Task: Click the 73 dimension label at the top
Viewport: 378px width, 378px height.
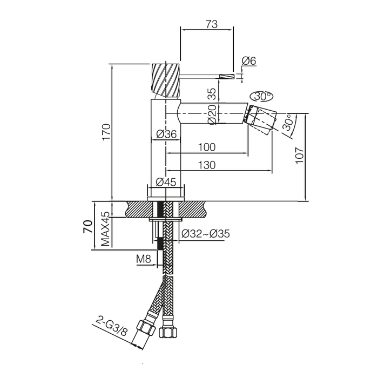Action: pyautogui.click(x=212, y=24)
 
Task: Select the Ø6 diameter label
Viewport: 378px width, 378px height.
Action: pyautogui.click(x=248, y=60)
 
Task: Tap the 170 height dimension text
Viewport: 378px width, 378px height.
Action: pyautogui.click(x=106, y=132)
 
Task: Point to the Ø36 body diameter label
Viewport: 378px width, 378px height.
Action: pyautogui.click(x=166, y=134)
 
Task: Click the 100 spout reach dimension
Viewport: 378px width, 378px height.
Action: pyautogui.click(x=207, y=147)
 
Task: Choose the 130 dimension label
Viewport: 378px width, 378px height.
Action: pyautogui.click(x=207, y=165)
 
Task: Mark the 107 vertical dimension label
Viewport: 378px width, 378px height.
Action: pyautogui.click(x=299, y=156)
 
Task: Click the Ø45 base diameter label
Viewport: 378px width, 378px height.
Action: pyautogui.click(x=166, y=182)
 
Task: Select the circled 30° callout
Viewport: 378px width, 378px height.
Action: pyautogui.click(x=262, y=97)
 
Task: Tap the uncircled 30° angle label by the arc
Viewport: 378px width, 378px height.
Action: pyautogui.click(x=289, y=123)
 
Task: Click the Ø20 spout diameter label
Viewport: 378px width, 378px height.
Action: pyautogui.click(x=213, y=114)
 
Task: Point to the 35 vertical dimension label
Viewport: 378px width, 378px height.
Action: pyautogui.click(x=212, y=94)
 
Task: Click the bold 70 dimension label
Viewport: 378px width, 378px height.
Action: pyautogui.click(x=87, y=226)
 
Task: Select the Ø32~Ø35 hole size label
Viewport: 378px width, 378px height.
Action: pyautogui.click(x=206, y=234)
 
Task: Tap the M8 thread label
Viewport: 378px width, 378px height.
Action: pyautogui.click(x=144, y=259)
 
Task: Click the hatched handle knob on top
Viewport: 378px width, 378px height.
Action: pyautogui.click(x=166, y=80)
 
